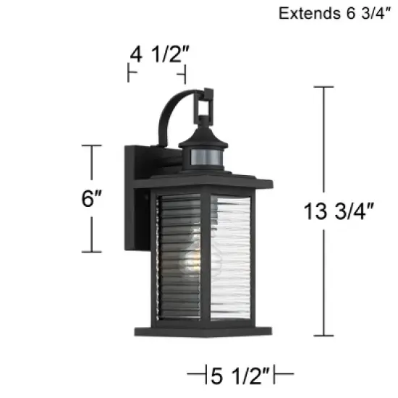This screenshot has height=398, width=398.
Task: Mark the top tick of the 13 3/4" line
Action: click(x=323, y=87)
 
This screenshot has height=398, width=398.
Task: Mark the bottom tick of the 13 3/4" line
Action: click(x=323, y=335)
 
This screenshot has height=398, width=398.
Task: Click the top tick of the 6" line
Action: click(x=90, y=145)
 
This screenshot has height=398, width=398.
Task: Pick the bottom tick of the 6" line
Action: click(x=90, y=252)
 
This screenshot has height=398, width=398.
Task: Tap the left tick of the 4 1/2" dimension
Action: click(x=129, y=73)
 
